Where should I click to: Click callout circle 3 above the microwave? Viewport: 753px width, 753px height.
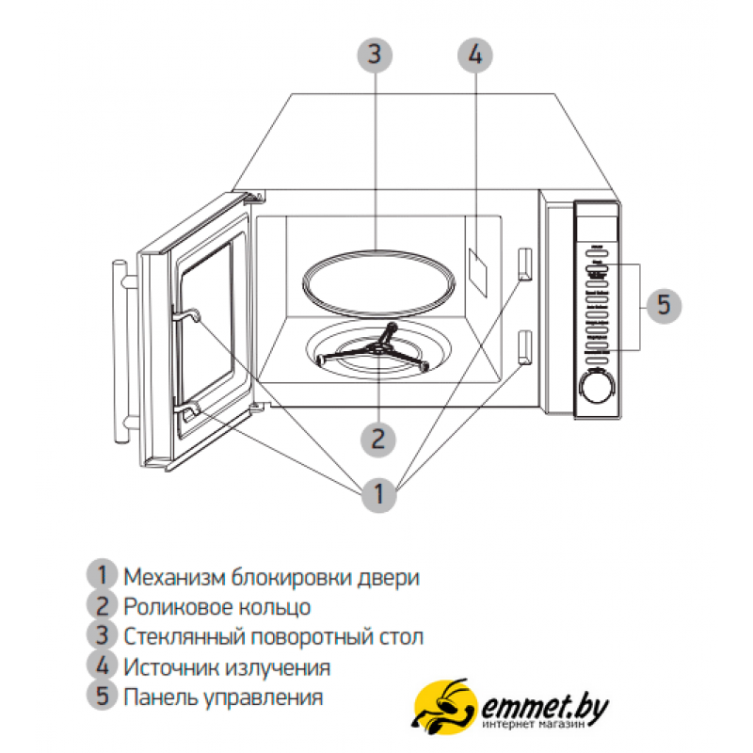coord(375,55)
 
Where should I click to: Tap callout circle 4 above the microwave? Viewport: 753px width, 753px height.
coord(475,56)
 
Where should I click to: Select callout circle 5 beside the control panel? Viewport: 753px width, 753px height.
coord(664,305)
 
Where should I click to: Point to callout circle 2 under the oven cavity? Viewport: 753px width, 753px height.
coord(378,440)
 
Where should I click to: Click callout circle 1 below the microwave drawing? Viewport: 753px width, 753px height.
coord(379,495)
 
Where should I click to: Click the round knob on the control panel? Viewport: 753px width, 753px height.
coord(597,386)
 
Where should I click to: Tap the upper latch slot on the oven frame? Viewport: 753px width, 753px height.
coord(525,264)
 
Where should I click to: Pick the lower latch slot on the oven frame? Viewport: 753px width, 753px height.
coord(525,347)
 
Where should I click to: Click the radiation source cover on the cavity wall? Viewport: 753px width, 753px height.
coord(478,273)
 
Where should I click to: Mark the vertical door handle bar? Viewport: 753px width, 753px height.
coord(120,351)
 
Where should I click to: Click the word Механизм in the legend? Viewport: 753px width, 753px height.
coord(174,577)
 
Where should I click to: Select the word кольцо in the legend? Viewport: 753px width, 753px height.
coord(275,608)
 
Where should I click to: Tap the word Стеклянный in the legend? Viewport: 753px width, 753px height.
coord(184,637)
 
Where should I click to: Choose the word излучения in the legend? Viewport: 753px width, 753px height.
coord(278,668)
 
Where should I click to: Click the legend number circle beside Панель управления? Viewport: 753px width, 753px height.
coord(103,696)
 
